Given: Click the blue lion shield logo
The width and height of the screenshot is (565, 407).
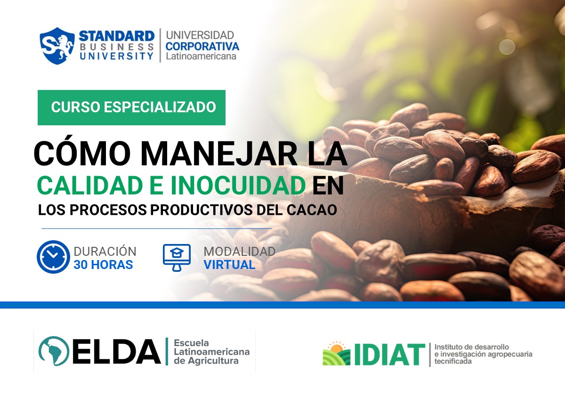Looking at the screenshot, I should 57,46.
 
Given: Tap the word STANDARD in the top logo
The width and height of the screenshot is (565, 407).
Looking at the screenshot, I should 116,36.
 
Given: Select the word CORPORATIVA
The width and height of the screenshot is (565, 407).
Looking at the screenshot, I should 202,46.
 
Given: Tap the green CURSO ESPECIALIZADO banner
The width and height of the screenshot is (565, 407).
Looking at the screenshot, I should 131,107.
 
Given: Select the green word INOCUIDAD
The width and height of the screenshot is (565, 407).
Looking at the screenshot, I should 238,186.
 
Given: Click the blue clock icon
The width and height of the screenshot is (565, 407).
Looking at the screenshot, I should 53,257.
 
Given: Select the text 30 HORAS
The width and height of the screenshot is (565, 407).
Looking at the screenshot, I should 103,265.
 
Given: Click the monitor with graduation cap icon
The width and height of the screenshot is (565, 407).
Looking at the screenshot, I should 177,257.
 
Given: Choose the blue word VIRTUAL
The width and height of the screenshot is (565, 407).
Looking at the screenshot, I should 229,265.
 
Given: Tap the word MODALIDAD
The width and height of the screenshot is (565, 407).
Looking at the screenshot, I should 239,252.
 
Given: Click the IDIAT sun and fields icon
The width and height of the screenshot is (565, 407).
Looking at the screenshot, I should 336,354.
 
